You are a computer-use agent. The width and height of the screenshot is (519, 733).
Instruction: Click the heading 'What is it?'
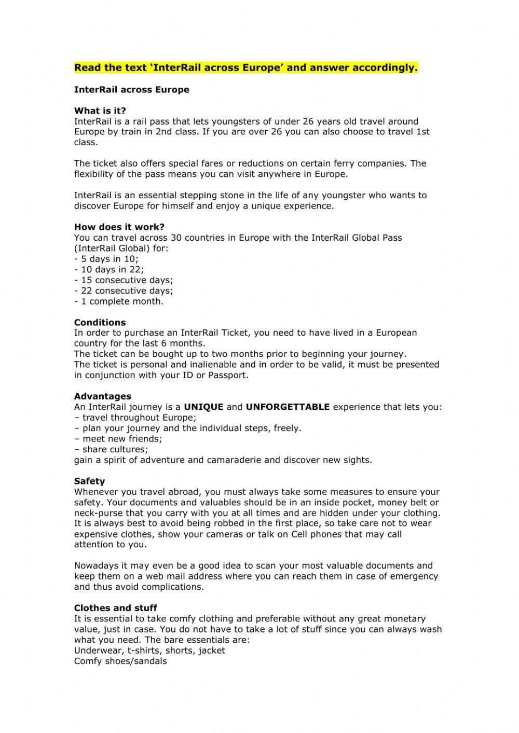pyautogui.click(x=100, y=110)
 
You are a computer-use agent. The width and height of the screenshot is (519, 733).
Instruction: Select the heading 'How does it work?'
pyautogui.click(x=119, y=227)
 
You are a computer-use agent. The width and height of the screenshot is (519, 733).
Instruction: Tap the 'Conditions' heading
pyautogui.click(x=100, y=322)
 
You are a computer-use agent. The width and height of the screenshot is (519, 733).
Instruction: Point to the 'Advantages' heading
pyautogui.click(x=102, y=396)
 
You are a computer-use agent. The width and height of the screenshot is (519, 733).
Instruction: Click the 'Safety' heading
pyautogui.click(x=89, y=481)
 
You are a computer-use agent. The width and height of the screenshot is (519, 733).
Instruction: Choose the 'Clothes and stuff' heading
pyautogui.click(x=115, y=607)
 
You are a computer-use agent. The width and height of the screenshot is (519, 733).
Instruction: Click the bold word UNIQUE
pyautogui.click(x=203, y=407)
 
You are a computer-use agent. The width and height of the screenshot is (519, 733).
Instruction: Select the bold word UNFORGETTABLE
pyautogui.click(x=288, y=407)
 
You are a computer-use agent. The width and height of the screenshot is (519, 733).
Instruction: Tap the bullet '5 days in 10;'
pyautogui.click(x=106, y=259)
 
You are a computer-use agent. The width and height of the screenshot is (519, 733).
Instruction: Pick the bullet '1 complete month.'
pyautogui.click(x=119, y=301)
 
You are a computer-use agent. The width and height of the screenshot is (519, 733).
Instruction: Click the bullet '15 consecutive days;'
pyautogui.click(x=124, y=280)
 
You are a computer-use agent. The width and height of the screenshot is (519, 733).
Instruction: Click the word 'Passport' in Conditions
pyautogui.click(x=227, y=375)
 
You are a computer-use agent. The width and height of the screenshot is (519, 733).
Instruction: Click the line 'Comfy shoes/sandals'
pyautogui.click(x=120, y=661)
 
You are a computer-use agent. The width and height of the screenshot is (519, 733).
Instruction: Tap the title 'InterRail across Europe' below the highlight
pyautogui.click(x=132, y=89)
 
